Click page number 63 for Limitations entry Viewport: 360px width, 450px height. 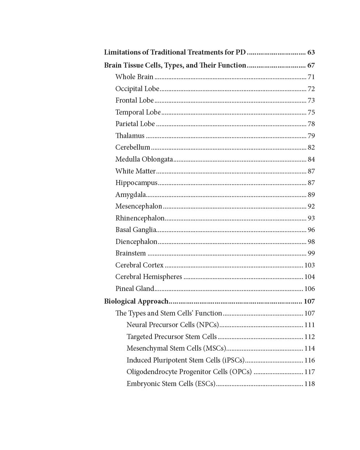(x=311, y=52)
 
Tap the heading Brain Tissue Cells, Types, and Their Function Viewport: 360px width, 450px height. (x=175, y=65)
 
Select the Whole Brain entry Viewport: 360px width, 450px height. (x=134, y=77)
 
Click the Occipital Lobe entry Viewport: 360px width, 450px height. (x=137, y=89)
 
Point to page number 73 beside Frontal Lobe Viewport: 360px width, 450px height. (x=311, y=100)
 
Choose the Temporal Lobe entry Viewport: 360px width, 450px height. (x=138, y=112)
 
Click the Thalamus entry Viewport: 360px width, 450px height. (x=130, y=136)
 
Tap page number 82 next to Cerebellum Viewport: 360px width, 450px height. (x=311, y=147)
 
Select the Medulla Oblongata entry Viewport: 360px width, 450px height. (x=144, y=159)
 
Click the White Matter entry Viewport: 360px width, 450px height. (x=135, y=171)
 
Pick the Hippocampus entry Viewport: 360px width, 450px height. (x=136, y=183)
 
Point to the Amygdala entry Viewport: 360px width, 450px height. (x=130, y=195)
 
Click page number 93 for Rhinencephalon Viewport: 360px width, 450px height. (x=311, y=218)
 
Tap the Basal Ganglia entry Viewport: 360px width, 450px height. (x=136, y=230)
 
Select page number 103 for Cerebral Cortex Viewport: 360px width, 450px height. (x=309, y=265)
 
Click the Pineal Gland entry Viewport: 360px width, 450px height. (x=134, y=289)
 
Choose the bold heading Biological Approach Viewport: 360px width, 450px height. (x=136, y=301)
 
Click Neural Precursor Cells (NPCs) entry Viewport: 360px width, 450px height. (x=172, y=325)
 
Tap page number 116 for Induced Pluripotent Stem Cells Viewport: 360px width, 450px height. (x=309, y=360)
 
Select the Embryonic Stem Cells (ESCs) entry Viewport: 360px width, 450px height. (x=171, y=384)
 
